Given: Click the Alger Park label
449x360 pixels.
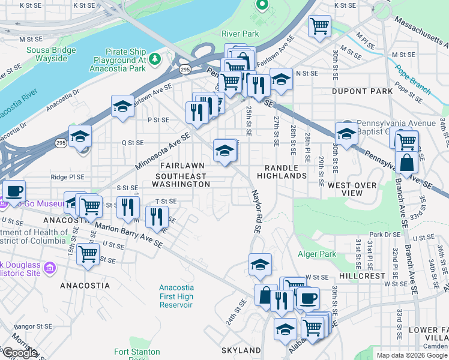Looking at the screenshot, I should coord(320,254).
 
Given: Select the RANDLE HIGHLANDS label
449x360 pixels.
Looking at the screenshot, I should coord(282,171).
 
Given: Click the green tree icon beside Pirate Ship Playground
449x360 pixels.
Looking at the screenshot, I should coord(155,58).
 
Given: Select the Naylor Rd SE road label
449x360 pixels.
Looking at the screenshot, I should coord(257,210).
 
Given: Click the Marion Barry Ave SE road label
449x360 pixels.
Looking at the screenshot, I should coord(128,236).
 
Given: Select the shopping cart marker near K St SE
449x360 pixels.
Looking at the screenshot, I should coord(319,26).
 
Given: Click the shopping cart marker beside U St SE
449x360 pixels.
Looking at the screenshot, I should coord(88,253).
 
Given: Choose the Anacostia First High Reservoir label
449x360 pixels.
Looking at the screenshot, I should coord(176,296).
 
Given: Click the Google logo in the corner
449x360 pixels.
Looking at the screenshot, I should coord(20,353).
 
